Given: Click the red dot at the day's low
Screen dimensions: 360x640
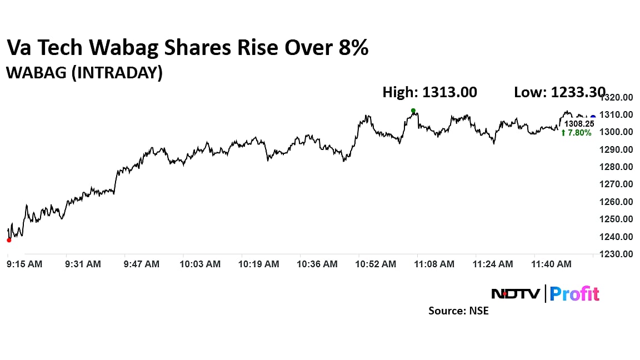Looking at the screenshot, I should point(9,240).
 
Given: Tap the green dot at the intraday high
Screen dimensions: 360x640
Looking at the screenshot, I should point(413,111).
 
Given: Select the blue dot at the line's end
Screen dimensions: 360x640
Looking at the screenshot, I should point(593,117).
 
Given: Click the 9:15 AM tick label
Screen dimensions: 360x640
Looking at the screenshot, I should point(24,264).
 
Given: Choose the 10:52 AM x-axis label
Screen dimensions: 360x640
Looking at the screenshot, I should point(376,264).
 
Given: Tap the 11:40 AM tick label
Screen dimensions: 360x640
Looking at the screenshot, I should point(552,264).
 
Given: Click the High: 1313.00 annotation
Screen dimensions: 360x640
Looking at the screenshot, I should point(429,92).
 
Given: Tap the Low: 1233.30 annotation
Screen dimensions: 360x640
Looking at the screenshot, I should point(559,92).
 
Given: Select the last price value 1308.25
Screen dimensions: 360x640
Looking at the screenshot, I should point(579,124).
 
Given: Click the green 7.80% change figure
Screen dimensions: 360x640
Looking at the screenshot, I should point(579,133).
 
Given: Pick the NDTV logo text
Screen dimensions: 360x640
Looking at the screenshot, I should point(515,293).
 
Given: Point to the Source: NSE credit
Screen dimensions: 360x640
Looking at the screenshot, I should point(458,311).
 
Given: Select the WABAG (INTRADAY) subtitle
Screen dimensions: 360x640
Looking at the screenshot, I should point(84,73).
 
